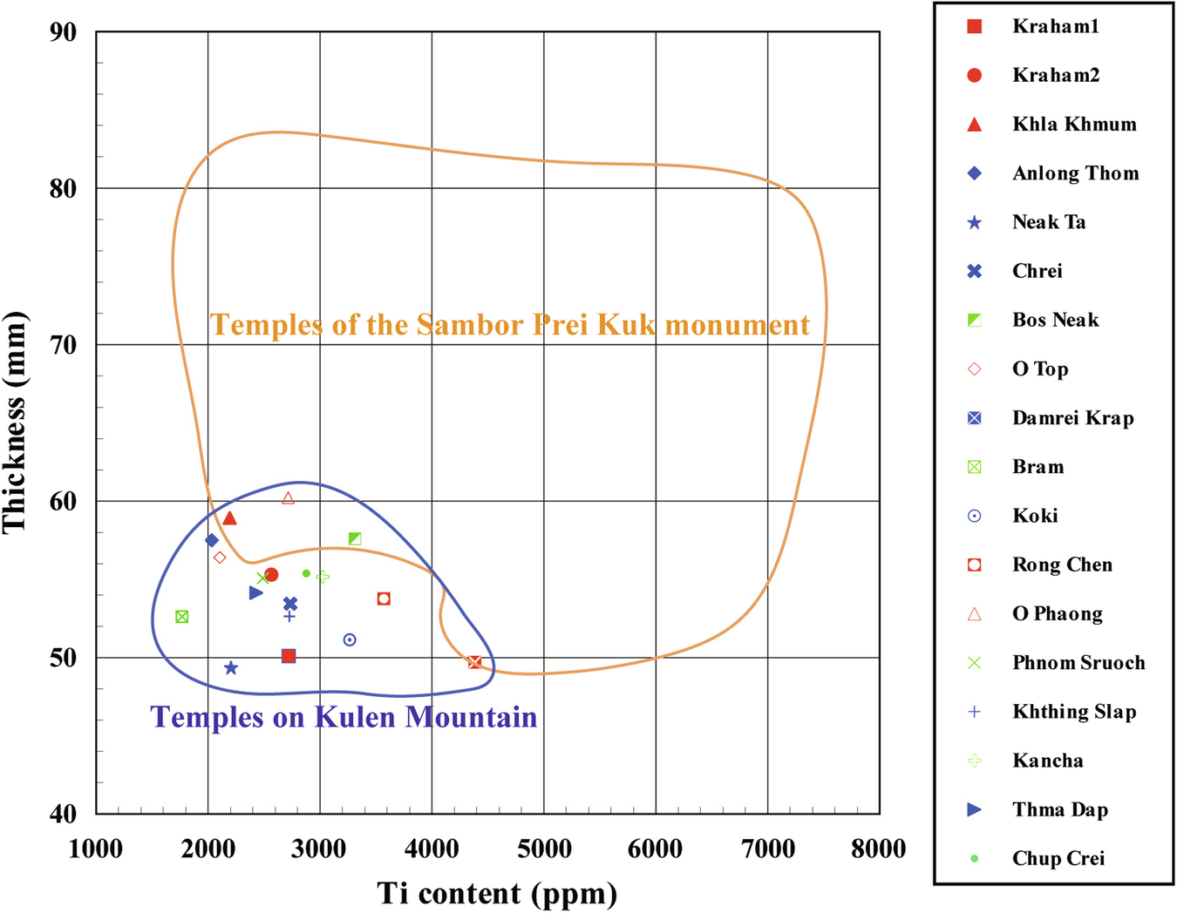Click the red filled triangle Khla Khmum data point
[x=230, y=519]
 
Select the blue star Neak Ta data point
[x=231, y=668]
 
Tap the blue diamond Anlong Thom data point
[x=211, y=541]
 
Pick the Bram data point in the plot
[x=182, y=617]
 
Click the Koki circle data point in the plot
[x=350, y=639]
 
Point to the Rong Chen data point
[x=384, y=599]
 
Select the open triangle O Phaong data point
[x=289, y=498]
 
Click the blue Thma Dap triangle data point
[x=255, y=593]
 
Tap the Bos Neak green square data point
[x=355, y=539]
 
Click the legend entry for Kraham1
[x=1055, y=26]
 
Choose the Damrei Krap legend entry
[x=1072, y=418]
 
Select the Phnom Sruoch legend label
[x=1078, y=663]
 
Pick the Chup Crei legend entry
[x=1058, y=859]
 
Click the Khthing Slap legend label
[x=1073, y=712]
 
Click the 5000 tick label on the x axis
[x=544, y=849]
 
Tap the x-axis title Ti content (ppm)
[x=497, y=893]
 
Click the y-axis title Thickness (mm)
[x=15, y=423]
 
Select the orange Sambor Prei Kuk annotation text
[x=510, y=325]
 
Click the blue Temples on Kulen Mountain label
[x=344, y=717]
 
